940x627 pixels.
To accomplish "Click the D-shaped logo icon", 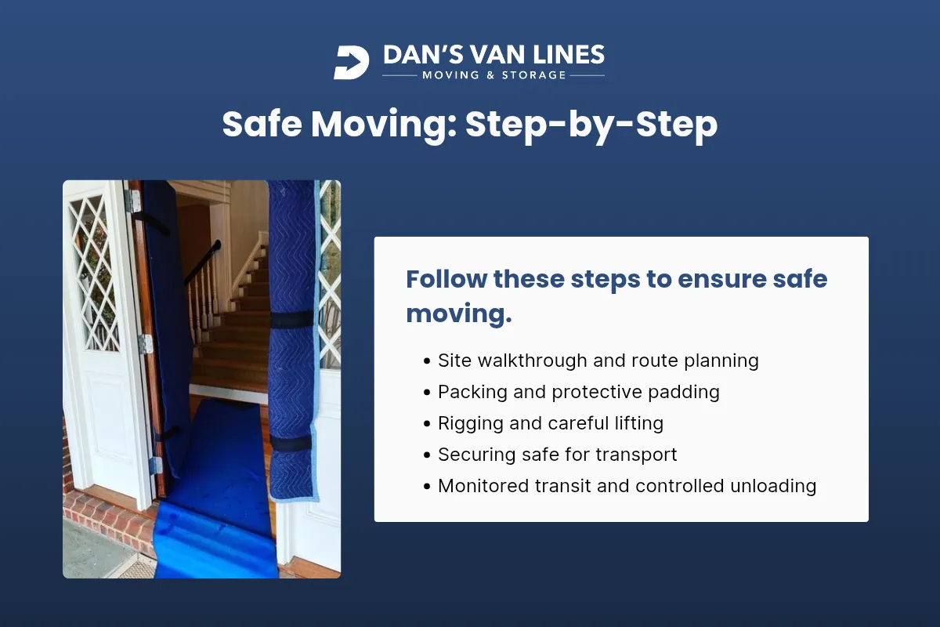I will pos(351,63).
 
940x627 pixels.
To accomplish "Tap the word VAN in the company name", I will pos(490,55).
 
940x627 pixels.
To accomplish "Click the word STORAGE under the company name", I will pos(531,75).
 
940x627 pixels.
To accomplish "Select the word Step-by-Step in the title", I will pos(591,125).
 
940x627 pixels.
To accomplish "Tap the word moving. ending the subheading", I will pos(458,313).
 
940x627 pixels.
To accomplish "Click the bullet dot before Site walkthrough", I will pos(426,361).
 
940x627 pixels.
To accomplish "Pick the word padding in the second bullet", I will pos(681,392).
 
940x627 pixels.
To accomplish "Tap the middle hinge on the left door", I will pos(145,343).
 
